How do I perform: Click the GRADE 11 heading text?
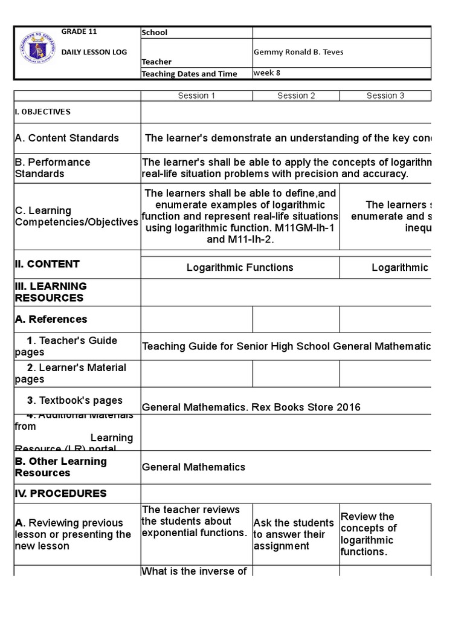(x=79, y=32)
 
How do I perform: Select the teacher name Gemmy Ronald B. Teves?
(x=298, y=52)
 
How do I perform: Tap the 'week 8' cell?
(x=267, y=73)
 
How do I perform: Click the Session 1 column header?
(x=196, y=96)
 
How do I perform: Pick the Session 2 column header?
(x=296, y=96)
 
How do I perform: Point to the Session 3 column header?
(x=385, y=96)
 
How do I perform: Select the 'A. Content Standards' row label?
(x=66, y=138)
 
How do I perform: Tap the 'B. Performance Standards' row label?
(x=53, y=168)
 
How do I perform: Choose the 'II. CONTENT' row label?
(x=47, y=264)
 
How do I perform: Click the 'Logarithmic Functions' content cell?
(x=240, y=267)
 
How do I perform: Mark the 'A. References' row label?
(x=51, y=319)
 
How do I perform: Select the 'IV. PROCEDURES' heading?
(x=60, y=493)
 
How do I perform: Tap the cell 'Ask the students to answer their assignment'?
(x=294, y=534)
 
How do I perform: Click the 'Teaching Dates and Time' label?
(x=189, y=74)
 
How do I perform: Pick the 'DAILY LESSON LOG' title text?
(x=94, y=52)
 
